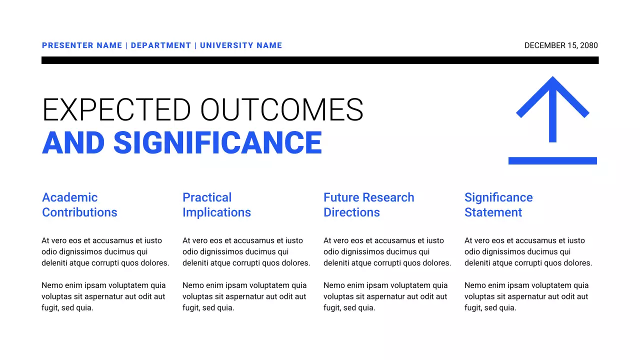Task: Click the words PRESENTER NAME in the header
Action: tap(82, 45)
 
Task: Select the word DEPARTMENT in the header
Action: tap(161, 45)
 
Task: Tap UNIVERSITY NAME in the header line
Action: tap(241, 45)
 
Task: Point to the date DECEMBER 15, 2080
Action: tap(561, 45)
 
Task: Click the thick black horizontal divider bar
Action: tap(320, 60)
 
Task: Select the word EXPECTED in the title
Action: tap(116, 110)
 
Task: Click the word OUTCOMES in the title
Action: tap(282, 110)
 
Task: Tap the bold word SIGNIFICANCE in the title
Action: tap(217, 142)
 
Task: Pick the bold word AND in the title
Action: tap(73, 142)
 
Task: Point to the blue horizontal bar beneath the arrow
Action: tap(552, 160)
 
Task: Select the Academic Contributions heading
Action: tap(79, 205)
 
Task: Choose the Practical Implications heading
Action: tap(216, 205)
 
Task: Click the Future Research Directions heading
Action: tap(368, 205)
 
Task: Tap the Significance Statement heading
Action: tap(498, 205)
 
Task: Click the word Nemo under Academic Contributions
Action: tap(52, 285)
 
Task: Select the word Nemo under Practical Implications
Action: tap(193, 285)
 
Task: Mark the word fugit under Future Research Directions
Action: tap(332, 308)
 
